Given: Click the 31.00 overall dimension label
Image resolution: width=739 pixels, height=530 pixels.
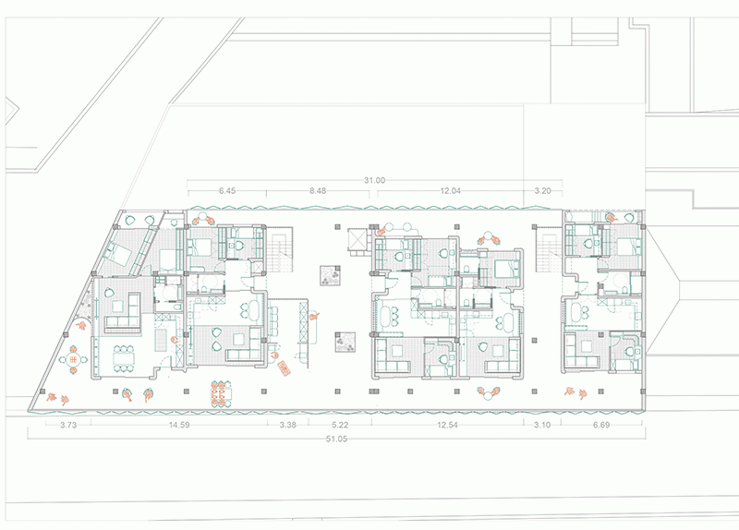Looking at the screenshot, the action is point(374,180).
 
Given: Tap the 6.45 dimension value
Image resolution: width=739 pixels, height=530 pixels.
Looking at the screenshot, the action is point(226,191).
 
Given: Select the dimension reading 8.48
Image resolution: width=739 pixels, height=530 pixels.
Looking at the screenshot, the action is point(318,191).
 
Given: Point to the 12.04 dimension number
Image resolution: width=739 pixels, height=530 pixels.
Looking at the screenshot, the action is point(450,191).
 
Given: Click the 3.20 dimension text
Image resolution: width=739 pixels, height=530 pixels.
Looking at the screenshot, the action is point(542,191).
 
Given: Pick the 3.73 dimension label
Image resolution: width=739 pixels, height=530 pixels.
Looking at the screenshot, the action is point(68,425).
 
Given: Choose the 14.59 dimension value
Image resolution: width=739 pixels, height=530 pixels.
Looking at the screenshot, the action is point(179,425).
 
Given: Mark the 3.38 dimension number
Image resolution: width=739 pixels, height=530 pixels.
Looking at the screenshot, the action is point(287,425).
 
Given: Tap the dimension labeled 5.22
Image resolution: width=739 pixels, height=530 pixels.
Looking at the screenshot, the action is point(340,425).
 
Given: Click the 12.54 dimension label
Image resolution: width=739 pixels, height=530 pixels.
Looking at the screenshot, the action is point(447,425).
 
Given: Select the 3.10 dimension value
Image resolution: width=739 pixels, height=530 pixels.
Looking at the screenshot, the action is point(542,425).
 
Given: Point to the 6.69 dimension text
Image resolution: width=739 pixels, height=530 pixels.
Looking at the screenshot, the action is point(601,425).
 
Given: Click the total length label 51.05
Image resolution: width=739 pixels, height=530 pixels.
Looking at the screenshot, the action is point(336,440).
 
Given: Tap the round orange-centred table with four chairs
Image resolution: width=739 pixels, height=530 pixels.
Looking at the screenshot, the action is point(74,360).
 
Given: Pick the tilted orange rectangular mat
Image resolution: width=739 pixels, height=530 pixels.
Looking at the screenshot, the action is point(285,367).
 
